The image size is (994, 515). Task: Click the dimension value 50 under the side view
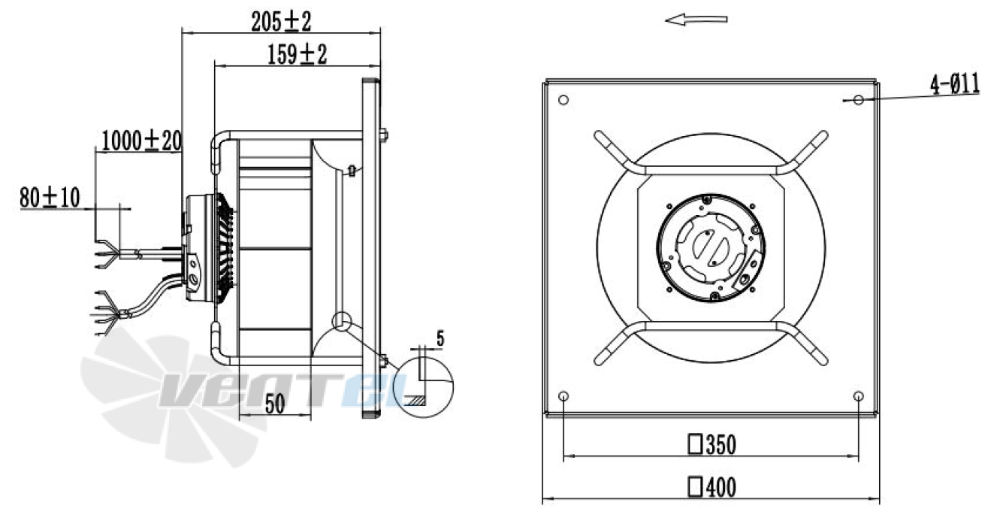[x=274, y=405]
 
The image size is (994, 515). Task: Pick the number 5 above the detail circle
[x=440, y=338]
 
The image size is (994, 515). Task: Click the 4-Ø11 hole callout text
[x=954, y=85]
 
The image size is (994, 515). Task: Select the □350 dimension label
[x=711, y=445]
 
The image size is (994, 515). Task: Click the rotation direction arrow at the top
[x=696, y=20]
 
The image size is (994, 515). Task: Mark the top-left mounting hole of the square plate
[x=564, y=100]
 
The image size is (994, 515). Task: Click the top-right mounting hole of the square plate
[x=859, y=100]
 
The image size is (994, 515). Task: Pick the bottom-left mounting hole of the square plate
[x=564, y=396]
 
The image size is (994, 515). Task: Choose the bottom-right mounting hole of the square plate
[x=859, y=396]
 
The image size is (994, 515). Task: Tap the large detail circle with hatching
[x=425, y=384]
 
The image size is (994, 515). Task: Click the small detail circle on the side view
[x=343, y=321]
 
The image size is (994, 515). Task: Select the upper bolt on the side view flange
[x=385, y=135]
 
